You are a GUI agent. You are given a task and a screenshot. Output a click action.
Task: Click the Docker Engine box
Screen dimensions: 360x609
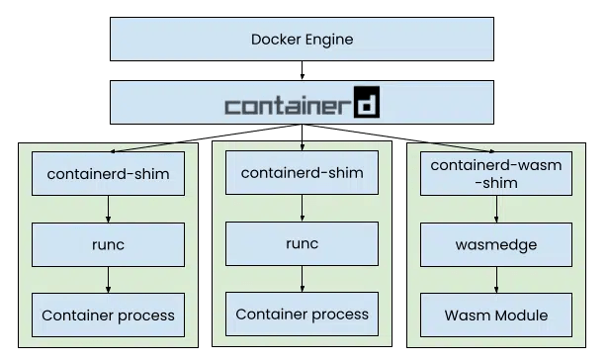pyautogui.click(x=304, y=40)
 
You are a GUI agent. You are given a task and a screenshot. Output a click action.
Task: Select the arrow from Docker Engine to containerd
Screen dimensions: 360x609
pyautogui.click(x=304, y=70)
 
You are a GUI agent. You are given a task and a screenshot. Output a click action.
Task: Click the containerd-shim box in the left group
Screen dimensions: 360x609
pyautogui.click(x=108, y=175)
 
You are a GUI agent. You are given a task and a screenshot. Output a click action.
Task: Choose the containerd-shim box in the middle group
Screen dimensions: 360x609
pyautogui.click(x=302, y=174)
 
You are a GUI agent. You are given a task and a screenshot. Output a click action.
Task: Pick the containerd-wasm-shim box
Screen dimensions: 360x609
pyautogui.click(x=496, y=174)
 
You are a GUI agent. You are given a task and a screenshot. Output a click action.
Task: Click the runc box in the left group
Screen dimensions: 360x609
pyautogui.click(x=108, y=244)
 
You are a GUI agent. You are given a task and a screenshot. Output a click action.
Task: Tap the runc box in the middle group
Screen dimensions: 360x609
pyautogui.click(x=302, y=243)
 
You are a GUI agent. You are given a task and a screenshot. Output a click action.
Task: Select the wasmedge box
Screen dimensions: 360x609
pyautogui.click(x=496, y=244)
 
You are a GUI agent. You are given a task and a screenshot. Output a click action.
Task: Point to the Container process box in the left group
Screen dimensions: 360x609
pyautogui.click(x=108, y=315)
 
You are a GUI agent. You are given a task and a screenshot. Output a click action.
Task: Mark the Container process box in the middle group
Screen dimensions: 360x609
pyautogui.click(x=302, y=315)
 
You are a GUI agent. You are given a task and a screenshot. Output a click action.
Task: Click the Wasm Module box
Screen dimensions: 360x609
pyautogui.click(x=496, y=315)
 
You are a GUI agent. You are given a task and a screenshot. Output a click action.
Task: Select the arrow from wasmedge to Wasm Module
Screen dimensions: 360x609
pyautogui.click(x=496, y=280)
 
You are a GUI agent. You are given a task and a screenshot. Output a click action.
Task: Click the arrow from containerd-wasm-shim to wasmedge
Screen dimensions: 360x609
pyautogui.click(x=496, y=209)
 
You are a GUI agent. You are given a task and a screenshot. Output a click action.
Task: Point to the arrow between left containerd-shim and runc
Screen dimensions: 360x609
pyautogui.click(x=108, y=210)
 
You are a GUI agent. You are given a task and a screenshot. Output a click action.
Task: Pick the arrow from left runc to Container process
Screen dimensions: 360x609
pyautogui.click(x=108, y=280)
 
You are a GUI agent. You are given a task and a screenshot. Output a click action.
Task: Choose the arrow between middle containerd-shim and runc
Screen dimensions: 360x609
pyautogui.click(x=302, y=209)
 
